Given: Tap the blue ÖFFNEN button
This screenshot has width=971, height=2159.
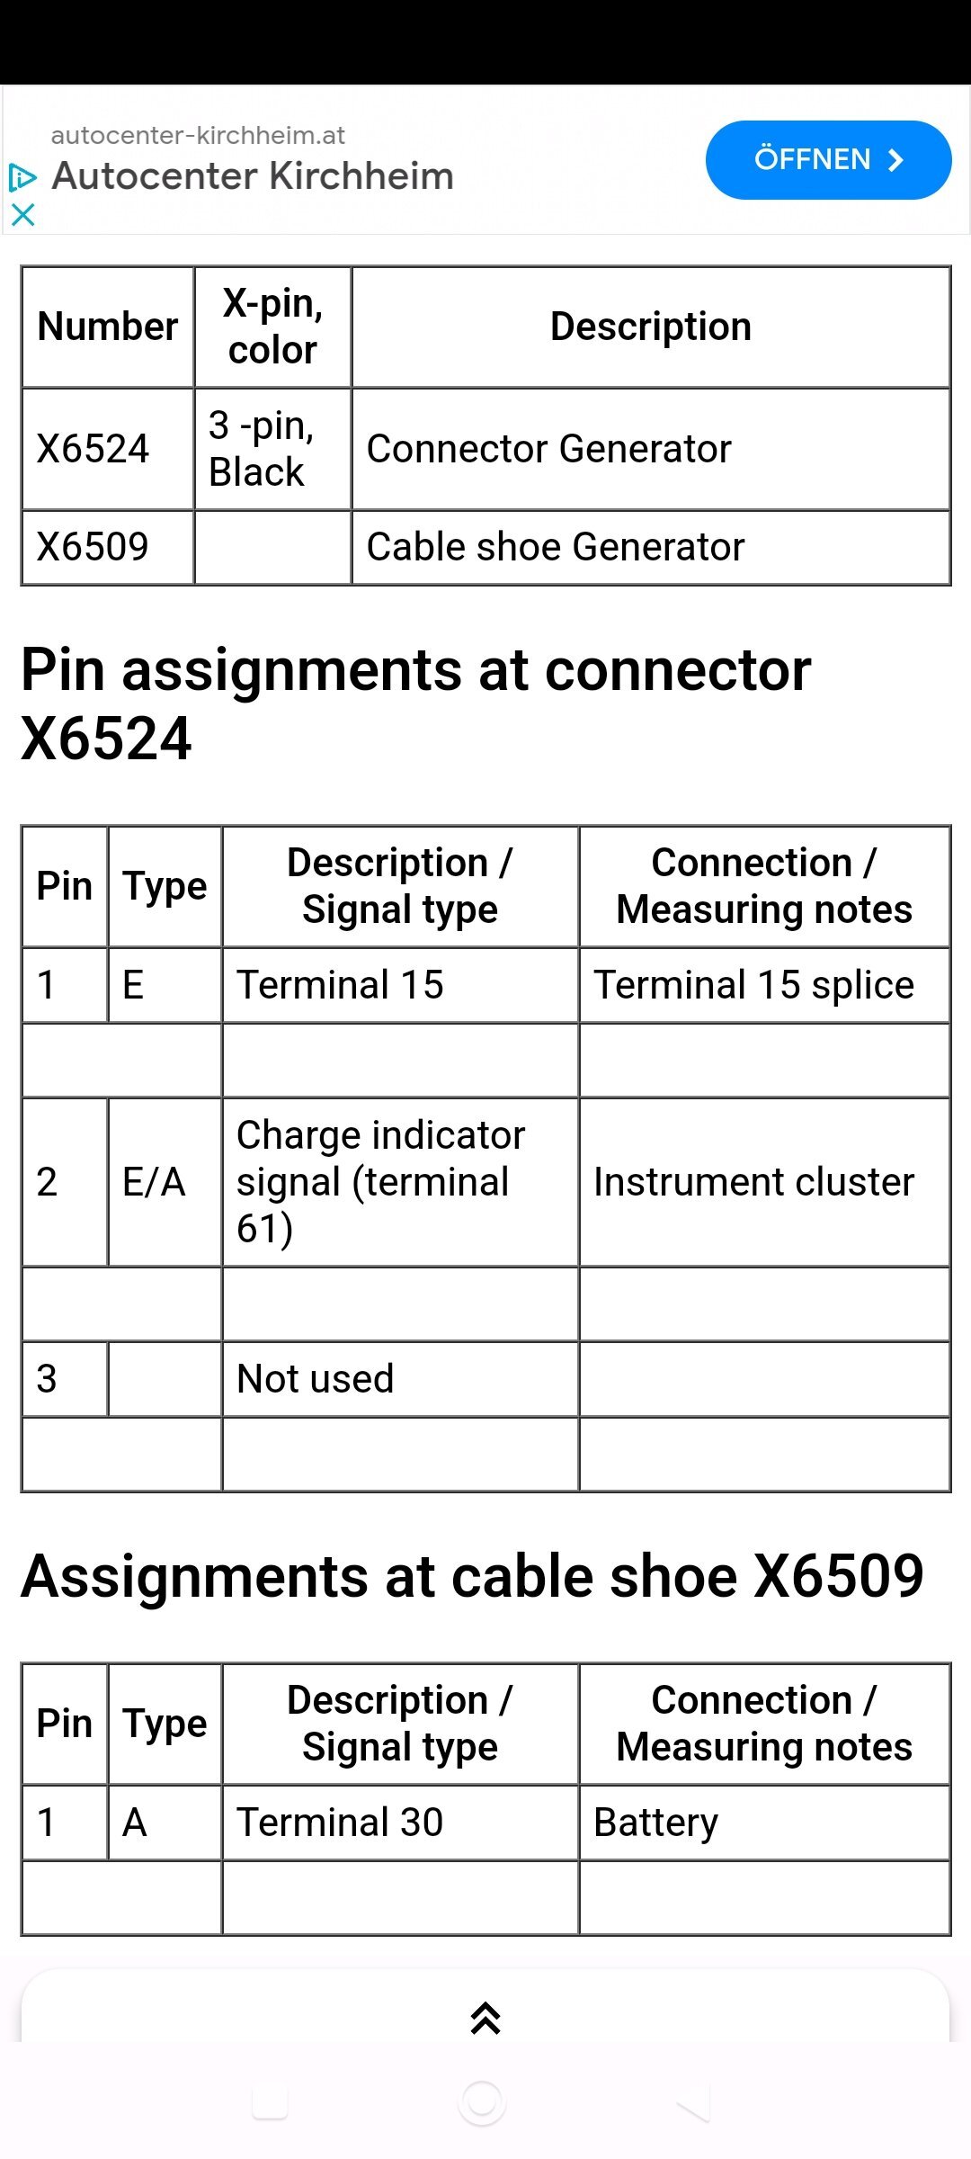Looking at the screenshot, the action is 828,160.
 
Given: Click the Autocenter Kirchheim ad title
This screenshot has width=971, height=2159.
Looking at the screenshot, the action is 253,176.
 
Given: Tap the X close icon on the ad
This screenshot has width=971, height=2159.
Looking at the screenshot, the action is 22,214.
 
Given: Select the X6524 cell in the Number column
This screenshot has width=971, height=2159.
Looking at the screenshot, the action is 108,449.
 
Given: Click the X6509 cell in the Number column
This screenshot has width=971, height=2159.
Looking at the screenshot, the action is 108,547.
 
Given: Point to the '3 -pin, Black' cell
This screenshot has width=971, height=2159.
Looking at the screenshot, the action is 272,449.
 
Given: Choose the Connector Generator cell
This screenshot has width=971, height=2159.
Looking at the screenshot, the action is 651,449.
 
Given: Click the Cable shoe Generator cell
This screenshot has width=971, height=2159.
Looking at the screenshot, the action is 651,547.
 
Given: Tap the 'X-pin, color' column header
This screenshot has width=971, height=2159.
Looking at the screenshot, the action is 272,327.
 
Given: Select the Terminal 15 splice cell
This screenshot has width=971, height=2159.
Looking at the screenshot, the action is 764,985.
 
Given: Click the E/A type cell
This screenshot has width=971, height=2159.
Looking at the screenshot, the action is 165,1182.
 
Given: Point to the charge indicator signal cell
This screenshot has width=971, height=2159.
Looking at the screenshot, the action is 400,1182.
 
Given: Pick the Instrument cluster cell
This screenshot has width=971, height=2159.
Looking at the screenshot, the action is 764,1182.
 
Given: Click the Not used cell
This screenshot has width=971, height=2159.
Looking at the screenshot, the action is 400,1379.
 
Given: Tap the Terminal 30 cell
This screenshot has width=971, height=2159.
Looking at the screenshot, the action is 400,1823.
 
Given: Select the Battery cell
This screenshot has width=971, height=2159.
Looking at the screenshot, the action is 764,1823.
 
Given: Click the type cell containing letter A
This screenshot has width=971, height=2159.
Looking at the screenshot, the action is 165,1823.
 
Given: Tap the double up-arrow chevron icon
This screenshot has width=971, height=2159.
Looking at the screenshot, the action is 485,2019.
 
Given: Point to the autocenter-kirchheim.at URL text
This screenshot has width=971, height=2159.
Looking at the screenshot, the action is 198,136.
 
